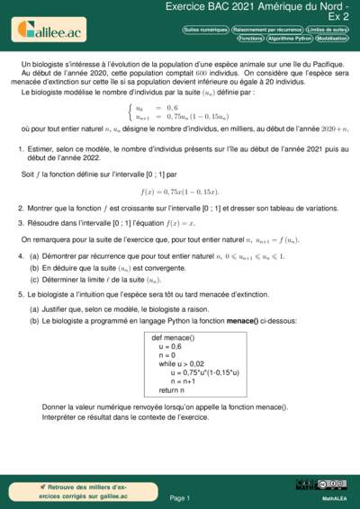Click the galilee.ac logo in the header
point(50,33)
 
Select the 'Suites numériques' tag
point(205,30)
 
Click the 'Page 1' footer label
point(180,497)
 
